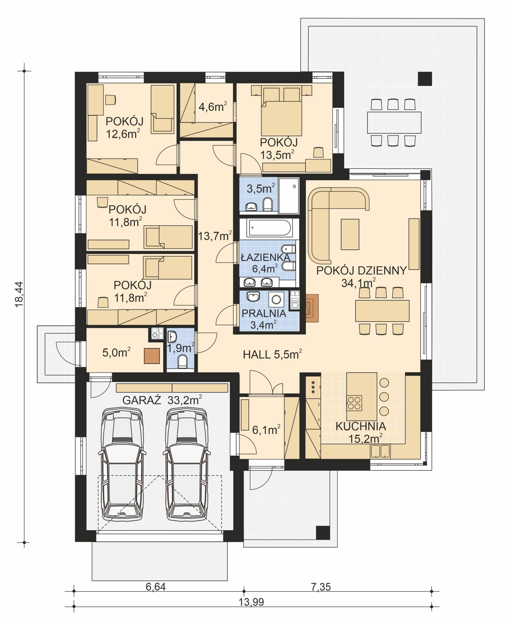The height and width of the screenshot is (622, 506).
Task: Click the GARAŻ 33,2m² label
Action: pos(162,400)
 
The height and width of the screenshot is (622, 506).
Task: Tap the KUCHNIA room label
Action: pos(361,426)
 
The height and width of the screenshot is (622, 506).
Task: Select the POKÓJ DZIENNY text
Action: pos(361,271)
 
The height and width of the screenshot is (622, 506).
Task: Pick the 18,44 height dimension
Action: pos(19,294)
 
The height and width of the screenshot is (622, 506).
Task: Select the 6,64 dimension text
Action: pos(156,587)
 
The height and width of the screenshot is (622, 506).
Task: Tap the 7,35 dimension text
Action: pos(321,587)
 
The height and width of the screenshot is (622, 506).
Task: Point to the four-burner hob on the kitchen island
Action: pos(354,403)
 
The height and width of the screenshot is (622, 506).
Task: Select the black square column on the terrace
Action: pos(425,79)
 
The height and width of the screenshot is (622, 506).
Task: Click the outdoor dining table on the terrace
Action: pos(394,122)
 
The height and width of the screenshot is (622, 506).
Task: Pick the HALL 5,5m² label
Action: pos(272,354)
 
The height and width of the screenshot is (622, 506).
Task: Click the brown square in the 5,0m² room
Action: pos(152,356)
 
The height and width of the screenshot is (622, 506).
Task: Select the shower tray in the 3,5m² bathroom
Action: pos(288,196)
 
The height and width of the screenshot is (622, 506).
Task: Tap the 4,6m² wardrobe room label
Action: pos(212,107)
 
